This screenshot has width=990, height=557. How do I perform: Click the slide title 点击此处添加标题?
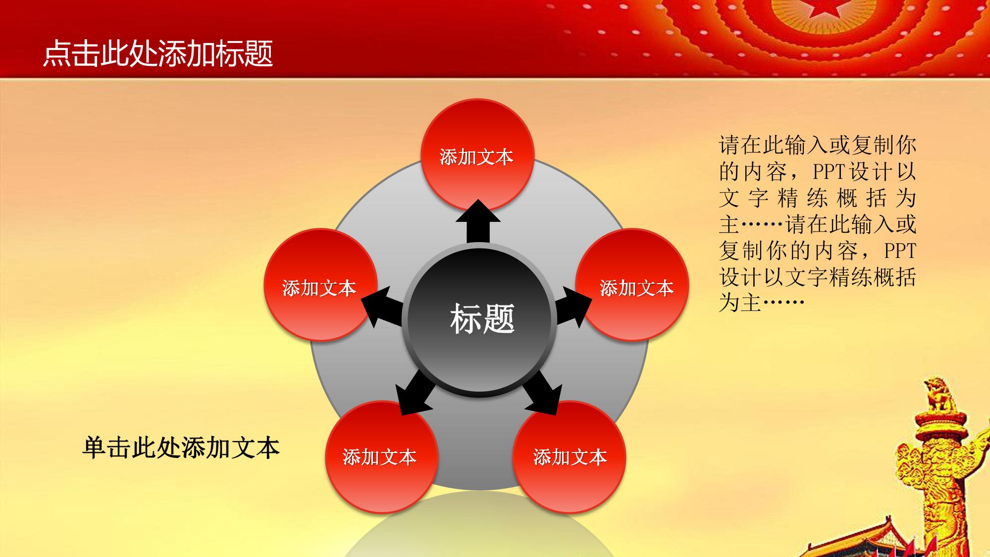pos(158,53)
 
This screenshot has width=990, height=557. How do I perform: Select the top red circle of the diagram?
pos(477,155)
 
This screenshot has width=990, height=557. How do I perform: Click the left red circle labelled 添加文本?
pos(320,285)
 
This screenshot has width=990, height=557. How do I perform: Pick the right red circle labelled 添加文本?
pos(632,285)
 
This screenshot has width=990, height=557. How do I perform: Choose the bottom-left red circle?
pos(381,457)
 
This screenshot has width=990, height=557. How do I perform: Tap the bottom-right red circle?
pos(569,457)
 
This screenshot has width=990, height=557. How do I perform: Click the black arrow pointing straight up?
pos(478,222)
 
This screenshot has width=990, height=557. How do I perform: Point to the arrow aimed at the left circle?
pos(382,307)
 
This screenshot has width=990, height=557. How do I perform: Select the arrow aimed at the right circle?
pos(573,307)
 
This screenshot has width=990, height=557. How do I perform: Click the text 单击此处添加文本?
pos(181,447)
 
